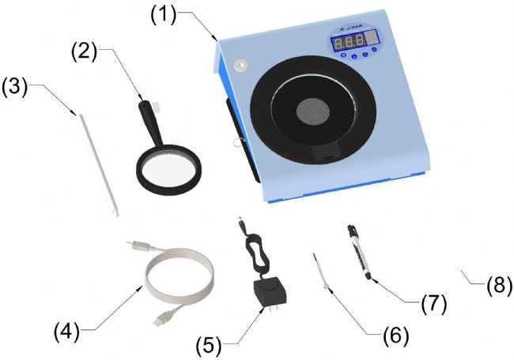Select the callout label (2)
[85, 51]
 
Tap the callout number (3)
[17, 85]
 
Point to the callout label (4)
[69, 330]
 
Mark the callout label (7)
[433, 302]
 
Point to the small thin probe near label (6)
[320, 273]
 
